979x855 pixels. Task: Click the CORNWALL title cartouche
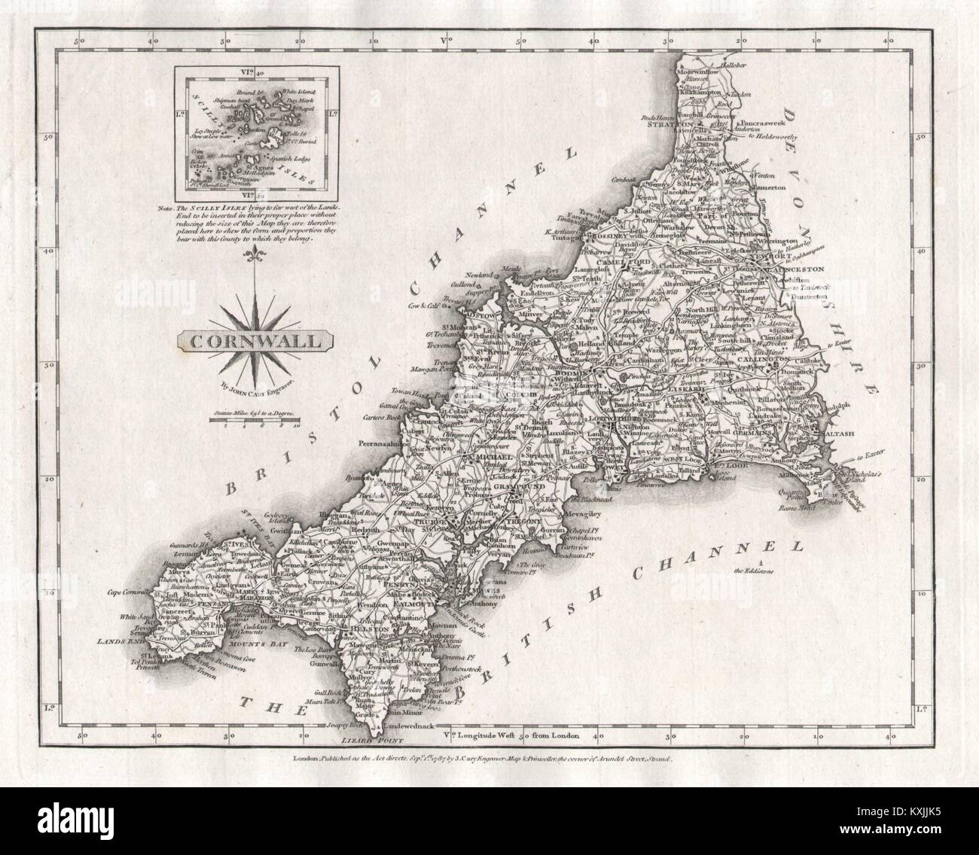(x=257, y=339)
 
